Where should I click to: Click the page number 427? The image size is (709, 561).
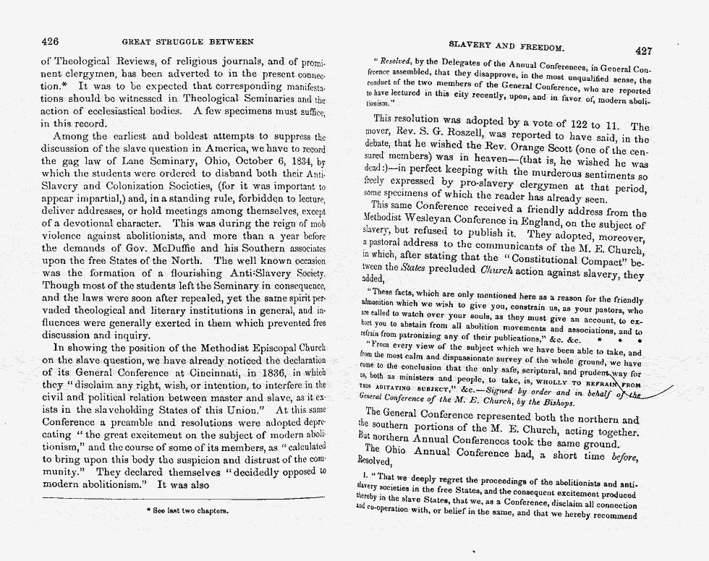click(644, 51)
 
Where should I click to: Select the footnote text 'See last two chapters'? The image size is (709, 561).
click(179, 510)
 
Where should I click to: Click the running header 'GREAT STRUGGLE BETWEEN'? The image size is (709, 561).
click(187, 42)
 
